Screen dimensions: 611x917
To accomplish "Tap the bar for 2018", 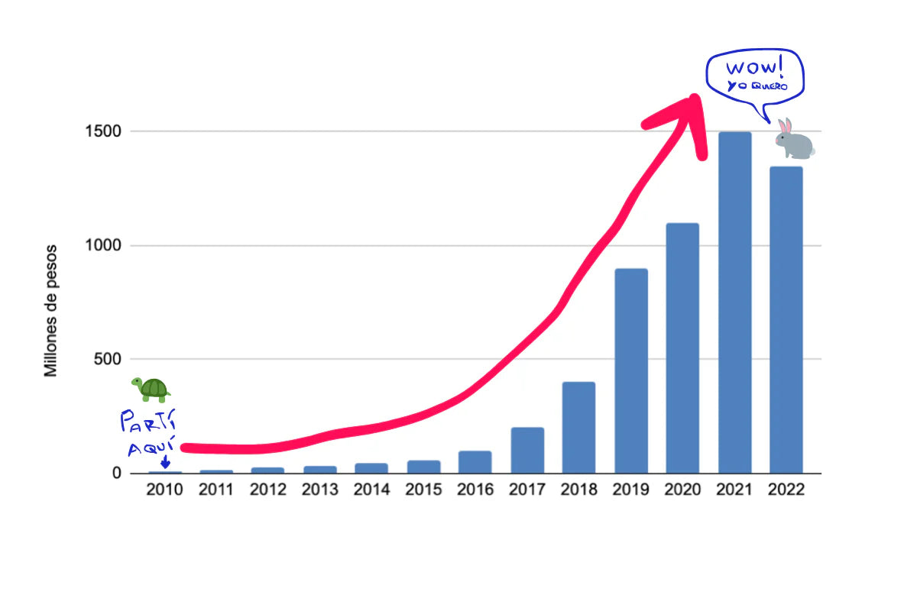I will click(x=579, y=427).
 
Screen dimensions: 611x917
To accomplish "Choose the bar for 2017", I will click(x=527, y=450).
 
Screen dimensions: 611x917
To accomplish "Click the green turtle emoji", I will click(x=151, y=389).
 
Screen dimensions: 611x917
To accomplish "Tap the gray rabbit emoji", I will click(x=794, y=139).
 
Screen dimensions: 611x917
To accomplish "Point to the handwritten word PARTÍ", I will click(x=148, y=421).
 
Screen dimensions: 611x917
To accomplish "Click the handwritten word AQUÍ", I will click(x=151, y=446).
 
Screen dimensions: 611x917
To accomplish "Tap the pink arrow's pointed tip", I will click(x=694, y=98).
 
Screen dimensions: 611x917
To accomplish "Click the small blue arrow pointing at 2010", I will click(x=165, y=462).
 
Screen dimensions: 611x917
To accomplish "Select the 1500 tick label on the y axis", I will click(x=103, y=131).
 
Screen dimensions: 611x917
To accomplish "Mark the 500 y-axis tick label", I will click(x=108, y=359).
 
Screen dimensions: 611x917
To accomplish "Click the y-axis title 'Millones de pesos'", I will click(x=51, y=311).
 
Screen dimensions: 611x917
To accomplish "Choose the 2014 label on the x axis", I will click(x=371, y=490).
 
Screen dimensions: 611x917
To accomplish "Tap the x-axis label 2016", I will click(x=475, y=490).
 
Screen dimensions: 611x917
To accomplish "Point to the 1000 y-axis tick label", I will click(x=103, y=246).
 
